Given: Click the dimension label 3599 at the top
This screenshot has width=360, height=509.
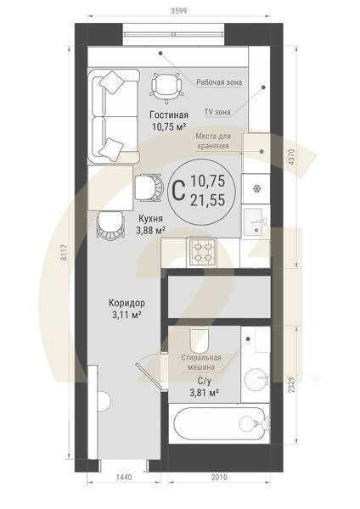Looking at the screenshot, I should pyautogui.click(x=179, y=10).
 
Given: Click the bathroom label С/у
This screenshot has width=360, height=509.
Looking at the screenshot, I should pyautogui.click(x=203, y=383).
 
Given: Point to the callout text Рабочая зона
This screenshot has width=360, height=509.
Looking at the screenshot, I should pyautogui.click(x=219, y=82).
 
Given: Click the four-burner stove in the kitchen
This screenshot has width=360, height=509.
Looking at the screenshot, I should pyautogui.click(x=203, y=251).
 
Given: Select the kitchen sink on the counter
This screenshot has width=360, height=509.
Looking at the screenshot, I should pyautogui.click(x=255, y=221).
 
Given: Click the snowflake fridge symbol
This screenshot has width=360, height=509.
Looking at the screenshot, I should pyautogui.click(x=255, y=187).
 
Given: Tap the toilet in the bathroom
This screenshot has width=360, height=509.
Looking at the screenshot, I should pyautogui.click(x=200, y=340).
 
